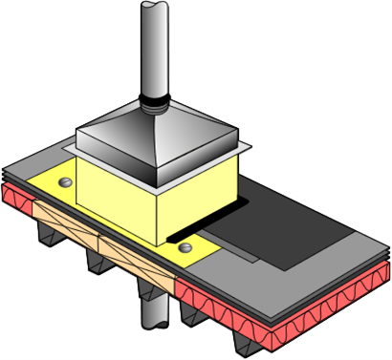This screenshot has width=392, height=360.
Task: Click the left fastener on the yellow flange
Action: tap(65, 180)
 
